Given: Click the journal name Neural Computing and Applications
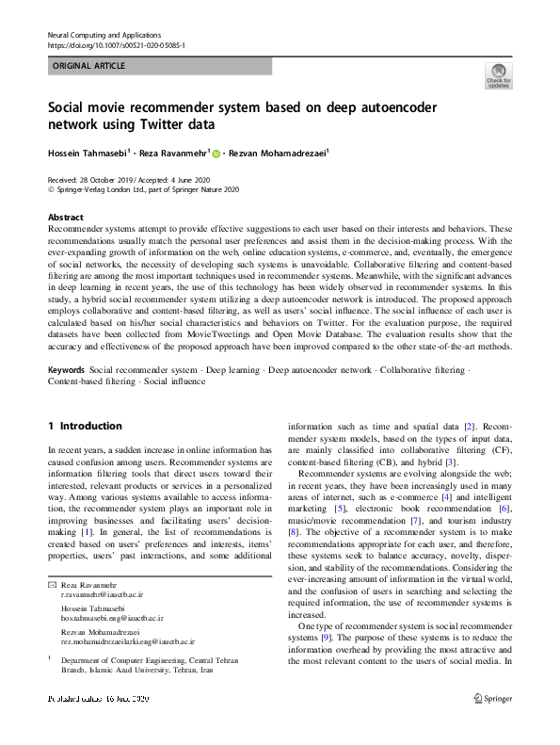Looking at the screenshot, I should [x=103, y=33].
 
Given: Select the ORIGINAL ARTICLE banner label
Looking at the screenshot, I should [x=88, y=66].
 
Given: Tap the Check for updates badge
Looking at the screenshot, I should [x=498, y=75].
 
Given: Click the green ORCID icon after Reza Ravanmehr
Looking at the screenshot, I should [x=216, y=154].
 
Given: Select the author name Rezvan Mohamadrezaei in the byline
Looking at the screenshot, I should [x=279, y=153].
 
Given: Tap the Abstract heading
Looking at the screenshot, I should [x=65, y=216].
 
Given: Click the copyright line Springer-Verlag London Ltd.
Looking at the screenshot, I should [x=143, y=189].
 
